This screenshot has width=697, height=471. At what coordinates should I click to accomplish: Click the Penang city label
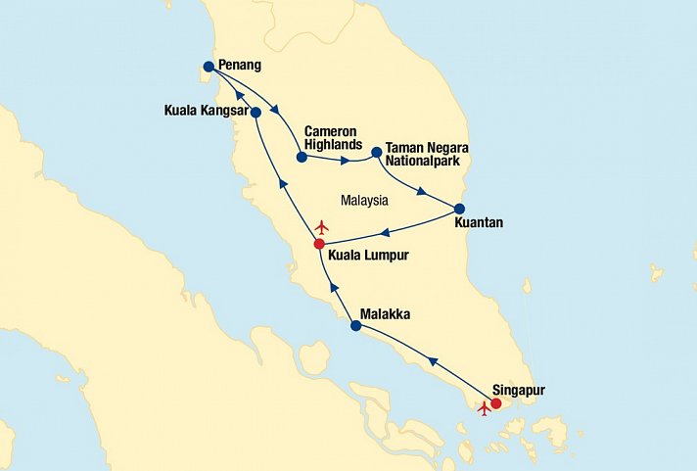point(241,66)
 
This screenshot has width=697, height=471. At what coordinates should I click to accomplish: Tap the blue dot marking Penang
point(208,67)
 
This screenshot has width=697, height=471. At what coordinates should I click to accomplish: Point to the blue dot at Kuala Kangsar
point(256,113)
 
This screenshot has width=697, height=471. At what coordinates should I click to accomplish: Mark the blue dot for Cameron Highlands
point(302,156)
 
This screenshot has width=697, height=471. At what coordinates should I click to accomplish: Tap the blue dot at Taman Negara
point(376,152)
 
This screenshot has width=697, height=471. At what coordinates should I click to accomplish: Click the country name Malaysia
point(365,201)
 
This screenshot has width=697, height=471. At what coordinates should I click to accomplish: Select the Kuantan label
point(480,223)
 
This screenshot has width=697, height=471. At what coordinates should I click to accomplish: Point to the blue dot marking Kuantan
point(459,209)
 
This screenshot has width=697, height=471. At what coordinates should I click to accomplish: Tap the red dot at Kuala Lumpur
point(319,244)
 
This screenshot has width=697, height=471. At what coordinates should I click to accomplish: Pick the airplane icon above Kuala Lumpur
point(323,227)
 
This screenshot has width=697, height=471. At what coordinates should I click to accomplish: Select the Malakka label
point(386,314)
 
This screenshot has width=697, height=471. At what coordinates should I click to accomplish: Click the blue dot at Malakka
point(355,326)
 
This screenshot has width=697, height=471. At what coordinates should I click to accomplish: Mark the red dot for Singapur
point(496,403)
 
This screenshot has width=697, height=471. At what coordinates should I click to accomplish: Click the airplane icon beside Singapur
point(484,409)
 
